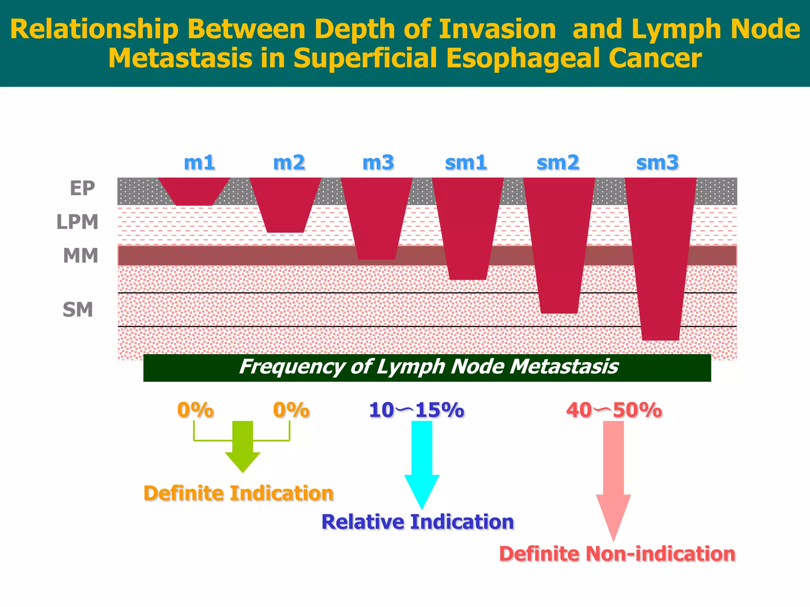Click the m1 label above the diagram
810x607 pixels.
(199, 162)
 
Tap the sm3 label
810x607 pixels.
(657, 162)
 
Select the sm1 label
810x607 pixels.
(466, 162)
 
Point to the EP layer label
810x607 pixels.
(82, 188)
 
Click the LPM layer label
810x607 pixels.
(77, 222)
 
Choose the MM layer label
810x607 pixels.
(80, 256)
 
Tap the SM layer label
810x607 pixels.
(78, 309)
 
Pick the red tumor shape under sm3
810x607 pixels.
(660, 257)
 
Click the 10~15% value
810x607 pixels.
(416, 410)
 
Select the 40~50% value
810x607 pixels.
(613, 410)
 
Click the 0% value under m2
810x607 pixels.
(291, 410)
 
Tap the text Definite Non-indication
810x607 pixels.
(617, 554)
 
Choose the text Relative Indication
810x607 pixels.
(417, 522)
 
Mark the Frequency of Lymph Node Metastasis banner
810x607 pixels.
(427, 367)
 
